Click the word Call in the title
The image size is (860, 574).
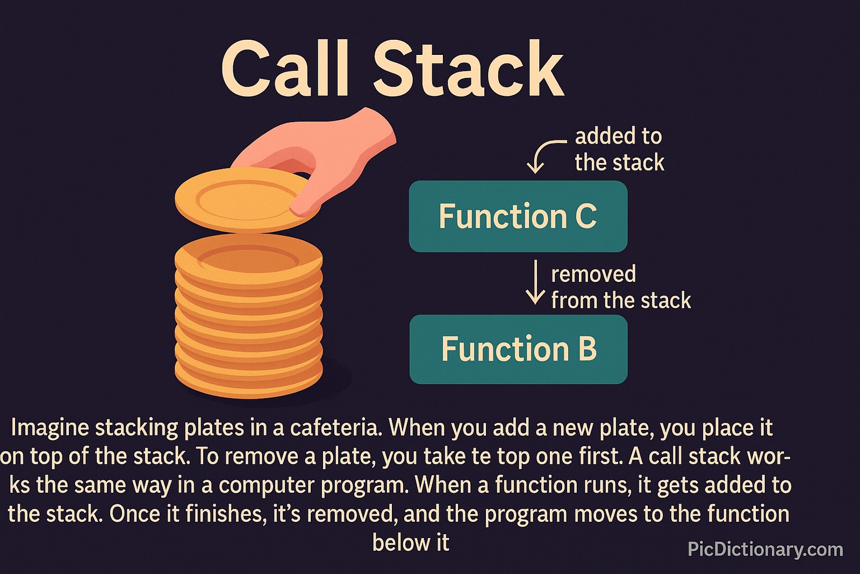pos(285,69)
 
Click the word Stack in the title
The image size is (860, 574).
pos(468,69)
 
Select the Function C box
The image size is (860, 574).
pos(518,216)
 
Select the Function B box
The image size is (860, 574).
pos(518,349)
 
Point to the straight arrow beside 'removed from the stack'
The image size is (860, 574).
pos(535,282)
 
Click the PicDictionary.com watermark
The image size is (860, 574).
pos(765,549)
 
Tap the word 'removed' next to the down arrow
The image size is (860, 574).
pos(593,274)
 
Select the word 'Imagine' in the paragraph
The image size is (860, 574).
pos(49,428)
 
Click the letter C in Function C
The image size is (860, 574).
pos(586,216)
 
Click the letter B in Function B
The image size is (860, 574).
pos(587,349)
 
